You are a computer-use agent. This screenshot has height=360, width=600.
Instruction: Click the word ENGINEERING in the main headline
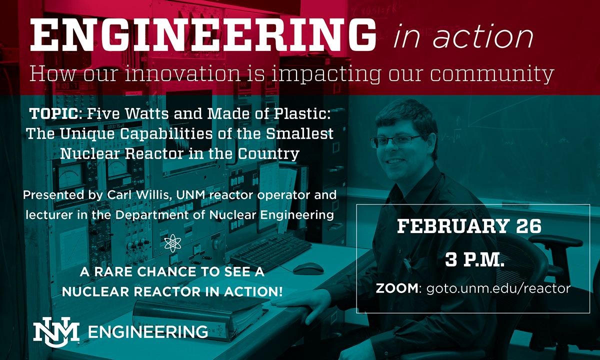[x=203, y=35]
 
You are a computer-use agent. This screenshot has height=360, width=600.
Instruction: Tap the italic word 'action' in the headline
[x=483, y=36]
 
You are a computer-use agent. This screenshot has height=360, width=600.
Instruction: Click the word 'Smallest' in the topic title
[x=299, y=133]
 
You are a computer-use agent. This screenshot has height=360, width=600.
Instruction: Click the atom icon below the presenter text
[x=173, y=243]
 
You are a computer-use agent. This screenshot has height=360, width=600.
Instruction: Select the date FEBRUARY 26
[x=469, y=226]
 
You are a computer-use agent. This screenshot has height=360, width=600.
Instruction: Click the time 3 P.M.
[x=474, y=259]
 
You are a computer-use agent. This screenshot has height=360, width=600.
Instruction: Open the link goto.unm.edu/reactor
[x=498, y=288]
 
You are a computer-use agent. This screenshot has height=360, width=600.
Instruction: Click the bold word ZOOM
[x=397, y=288]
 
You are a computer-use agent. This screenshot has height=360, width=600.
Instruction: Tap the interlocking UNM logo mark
[x=56, y=332]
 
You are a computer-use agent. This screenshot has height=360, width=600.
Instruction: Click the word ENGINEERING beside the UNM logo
[x=148, y=332]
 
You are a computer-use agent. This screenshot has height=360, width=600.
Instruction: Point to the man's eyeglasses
[x=395, y=141]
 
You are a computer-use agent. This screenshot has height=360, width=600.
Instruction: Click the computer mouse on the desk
[x=308, y=268]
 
